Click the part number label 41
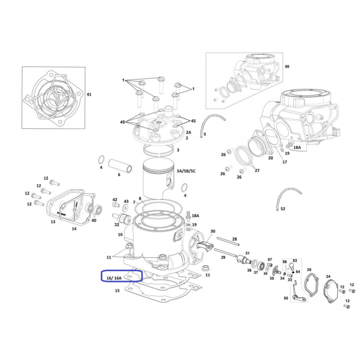[x=89, y=94]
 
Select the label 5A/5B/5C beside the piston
[x=186, y=171]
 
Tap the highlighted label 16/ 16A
[x=114, y=278]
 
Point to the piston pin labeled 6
[x=121, y=165]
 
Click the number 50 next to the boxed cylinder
[x=287, y=66]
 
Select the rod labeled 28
[x=227, y=241]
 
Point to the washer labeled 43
[x=126, y=208]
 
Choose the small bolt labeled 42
[x=116, y=204]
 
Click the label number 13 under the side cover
[x=53, y=221]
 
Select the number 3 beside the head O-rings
[x=178, y=150]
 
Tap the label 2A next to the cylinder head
[x=189, y=133]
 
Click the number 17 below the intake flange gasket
[x=285, y=162]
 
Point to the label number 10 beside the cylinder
[x=121, y=235]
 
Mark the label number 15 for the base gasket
[x=118, y=291]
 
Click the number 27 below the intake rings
[x=257, y=170]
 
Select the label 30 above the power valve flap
[x=213, y=231]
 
